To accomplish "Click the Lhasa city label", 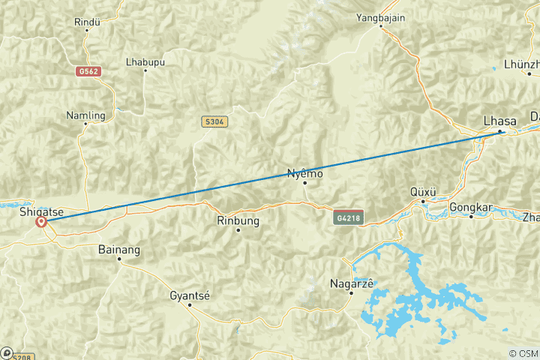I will [x=499, y=121].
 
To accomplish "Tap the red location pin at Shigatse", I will [x=41, y=222].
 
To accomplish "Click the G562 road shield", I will [x=88, y=71].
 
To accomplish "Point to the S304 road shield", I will [x=214, y=121].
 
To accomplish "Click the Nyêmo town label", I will [x=305, y=174].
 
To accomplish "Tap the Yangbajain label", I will [x=380, y=16].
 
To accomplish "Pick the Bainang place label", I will [x=119, y=249].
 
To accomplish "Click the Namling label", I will [x=85, y=115].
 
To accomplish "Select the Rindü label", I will [x=88, y=22].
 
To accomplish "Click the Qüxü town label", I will [x=424, y=191].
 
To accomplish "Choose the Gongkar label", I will [x=471, y=206].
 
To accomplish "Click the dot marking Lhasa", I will [x=499, y=132].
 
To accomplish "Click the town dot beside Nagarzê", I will [x=352, y=292].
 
